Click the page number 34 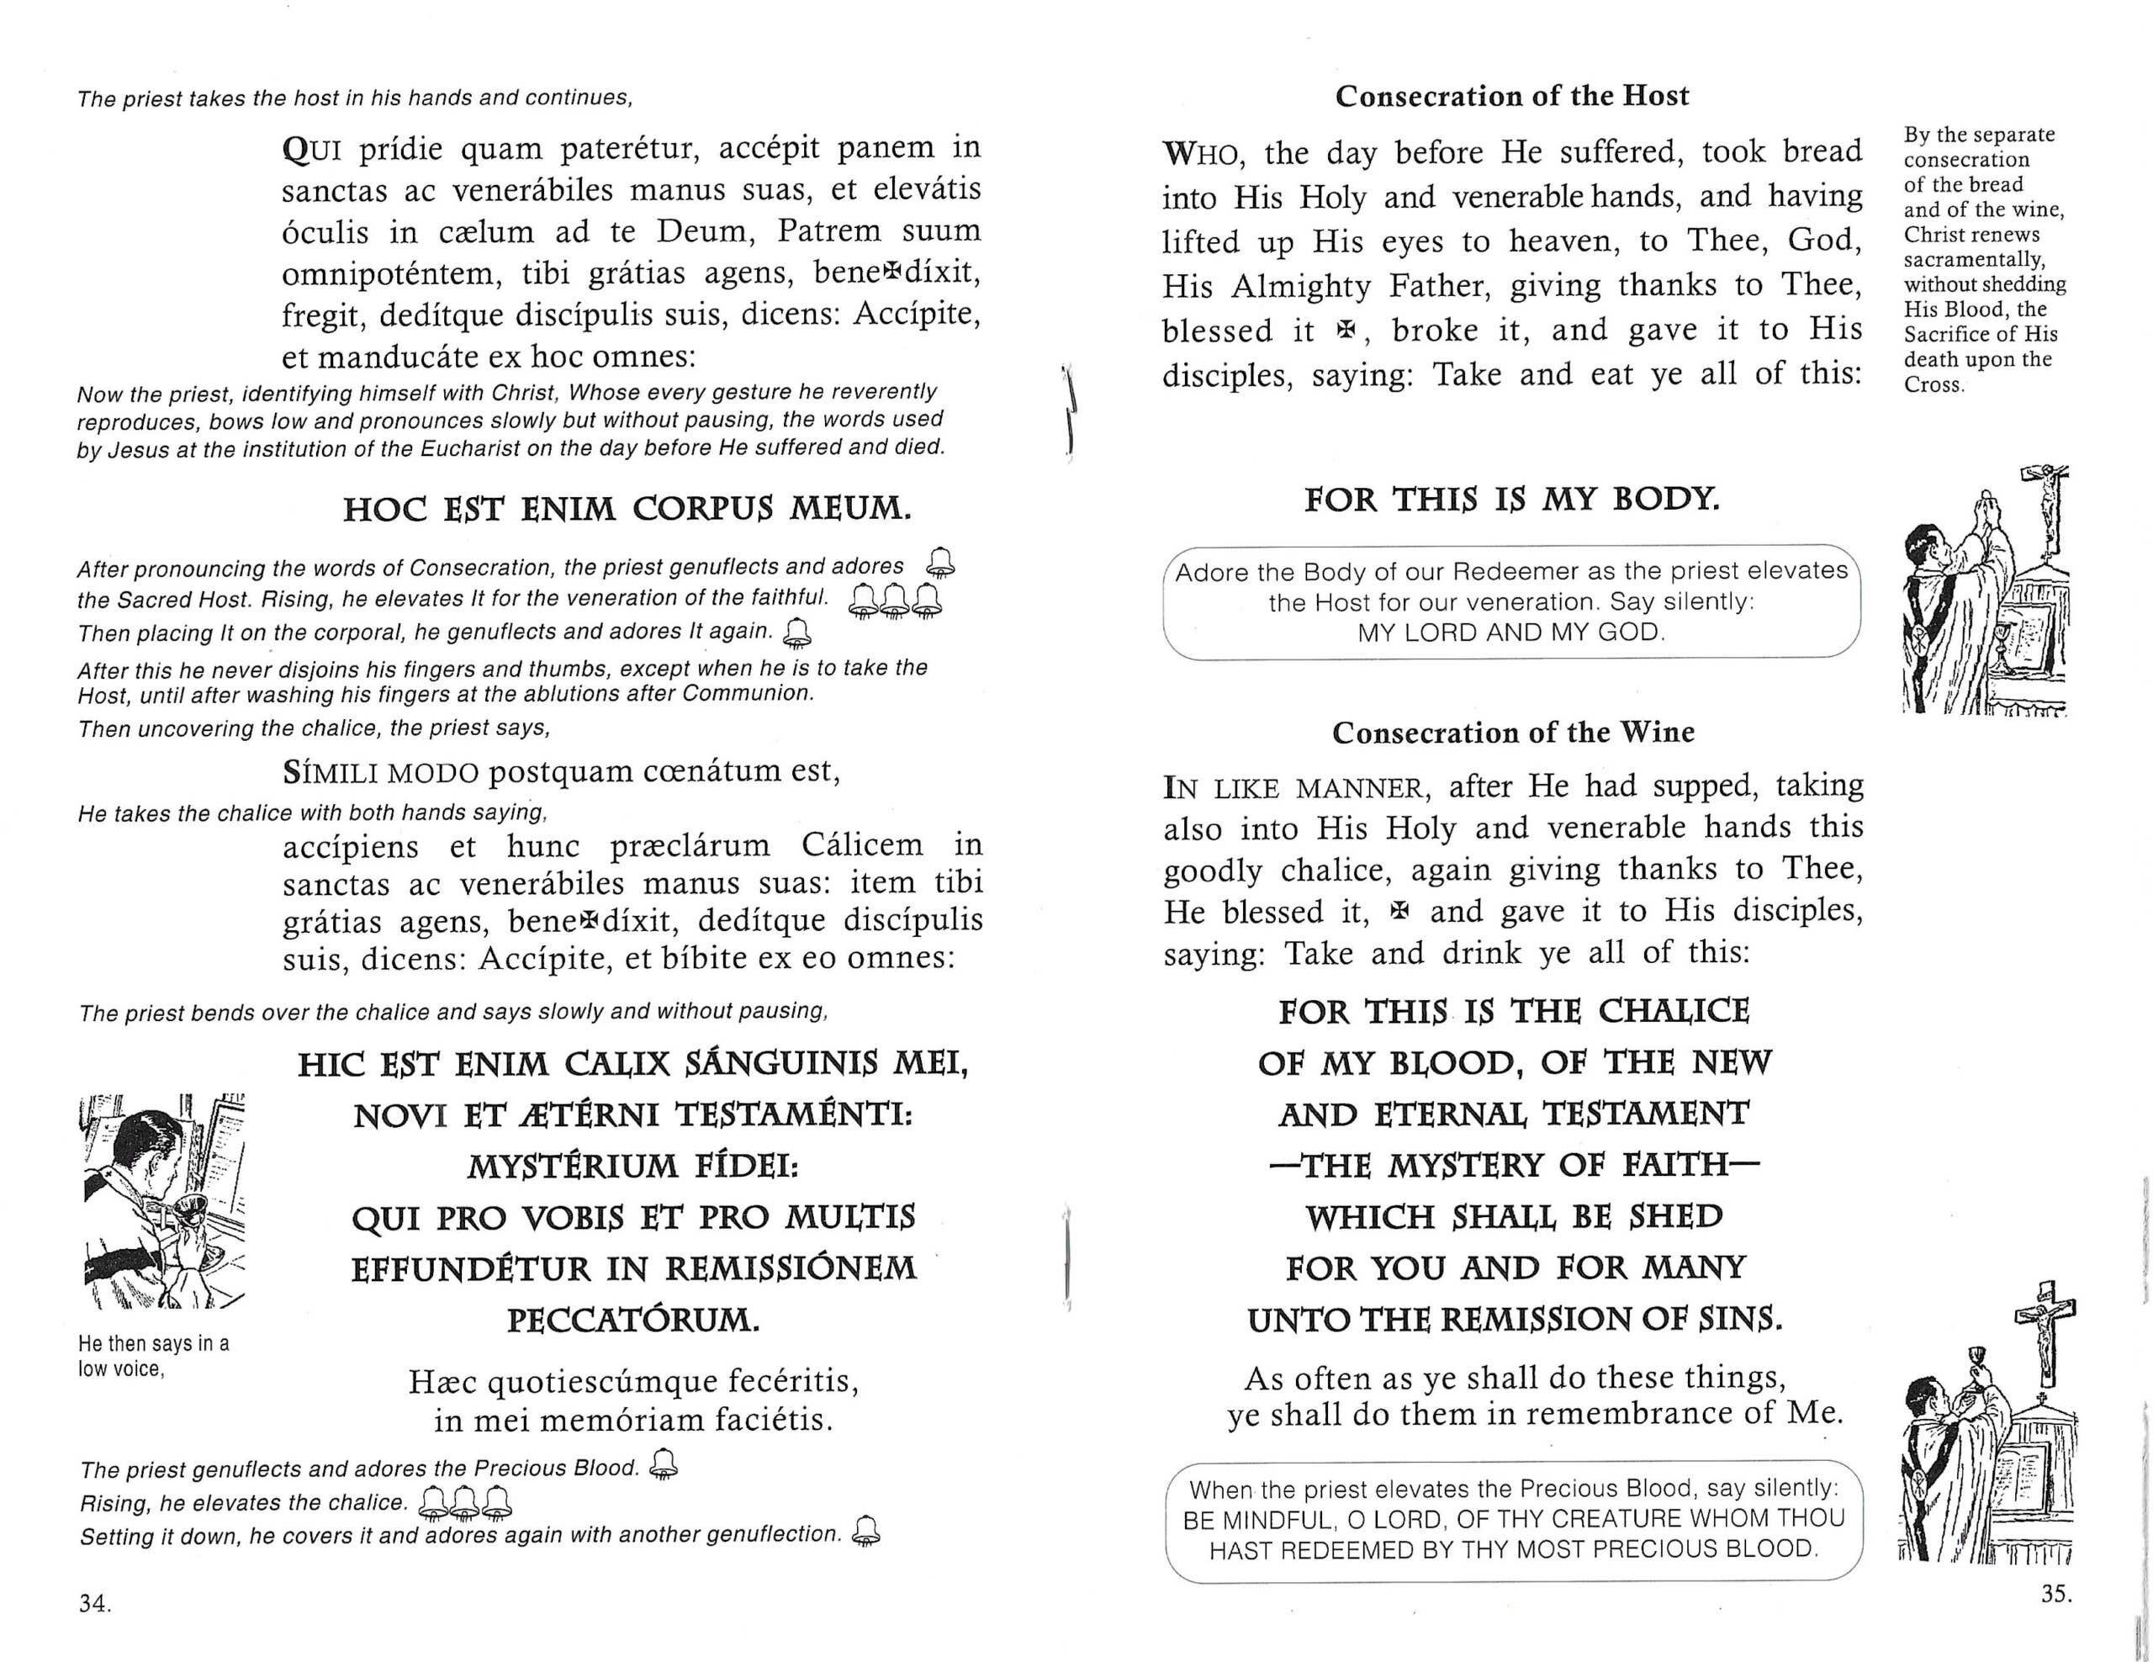(x=95, y=1604)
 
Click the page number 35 (x=2055, y=1594)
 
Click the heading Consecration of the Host (x=1511, y=97)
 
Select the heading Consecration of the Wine (x=1513, y=733)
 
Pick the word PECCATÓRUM (x=634, y=1320)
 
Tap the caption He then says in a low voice (x=154, y=1357)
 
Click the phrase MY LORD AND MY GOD (x=1511, y=633)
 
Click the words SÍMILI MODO (x=380, y=773)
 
